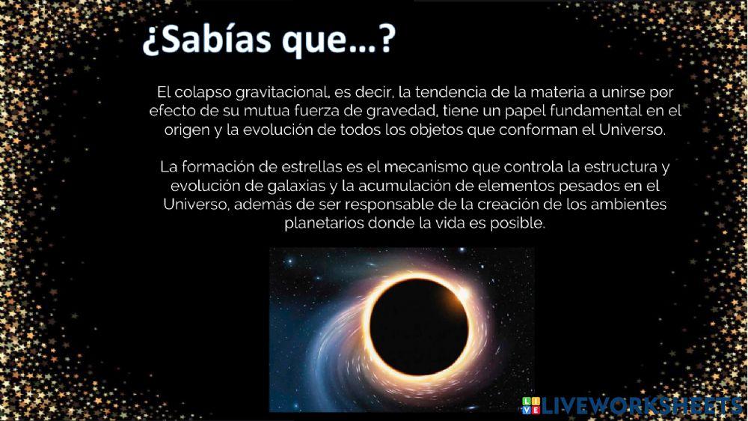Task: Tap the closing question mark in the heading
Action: (386, 42)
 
